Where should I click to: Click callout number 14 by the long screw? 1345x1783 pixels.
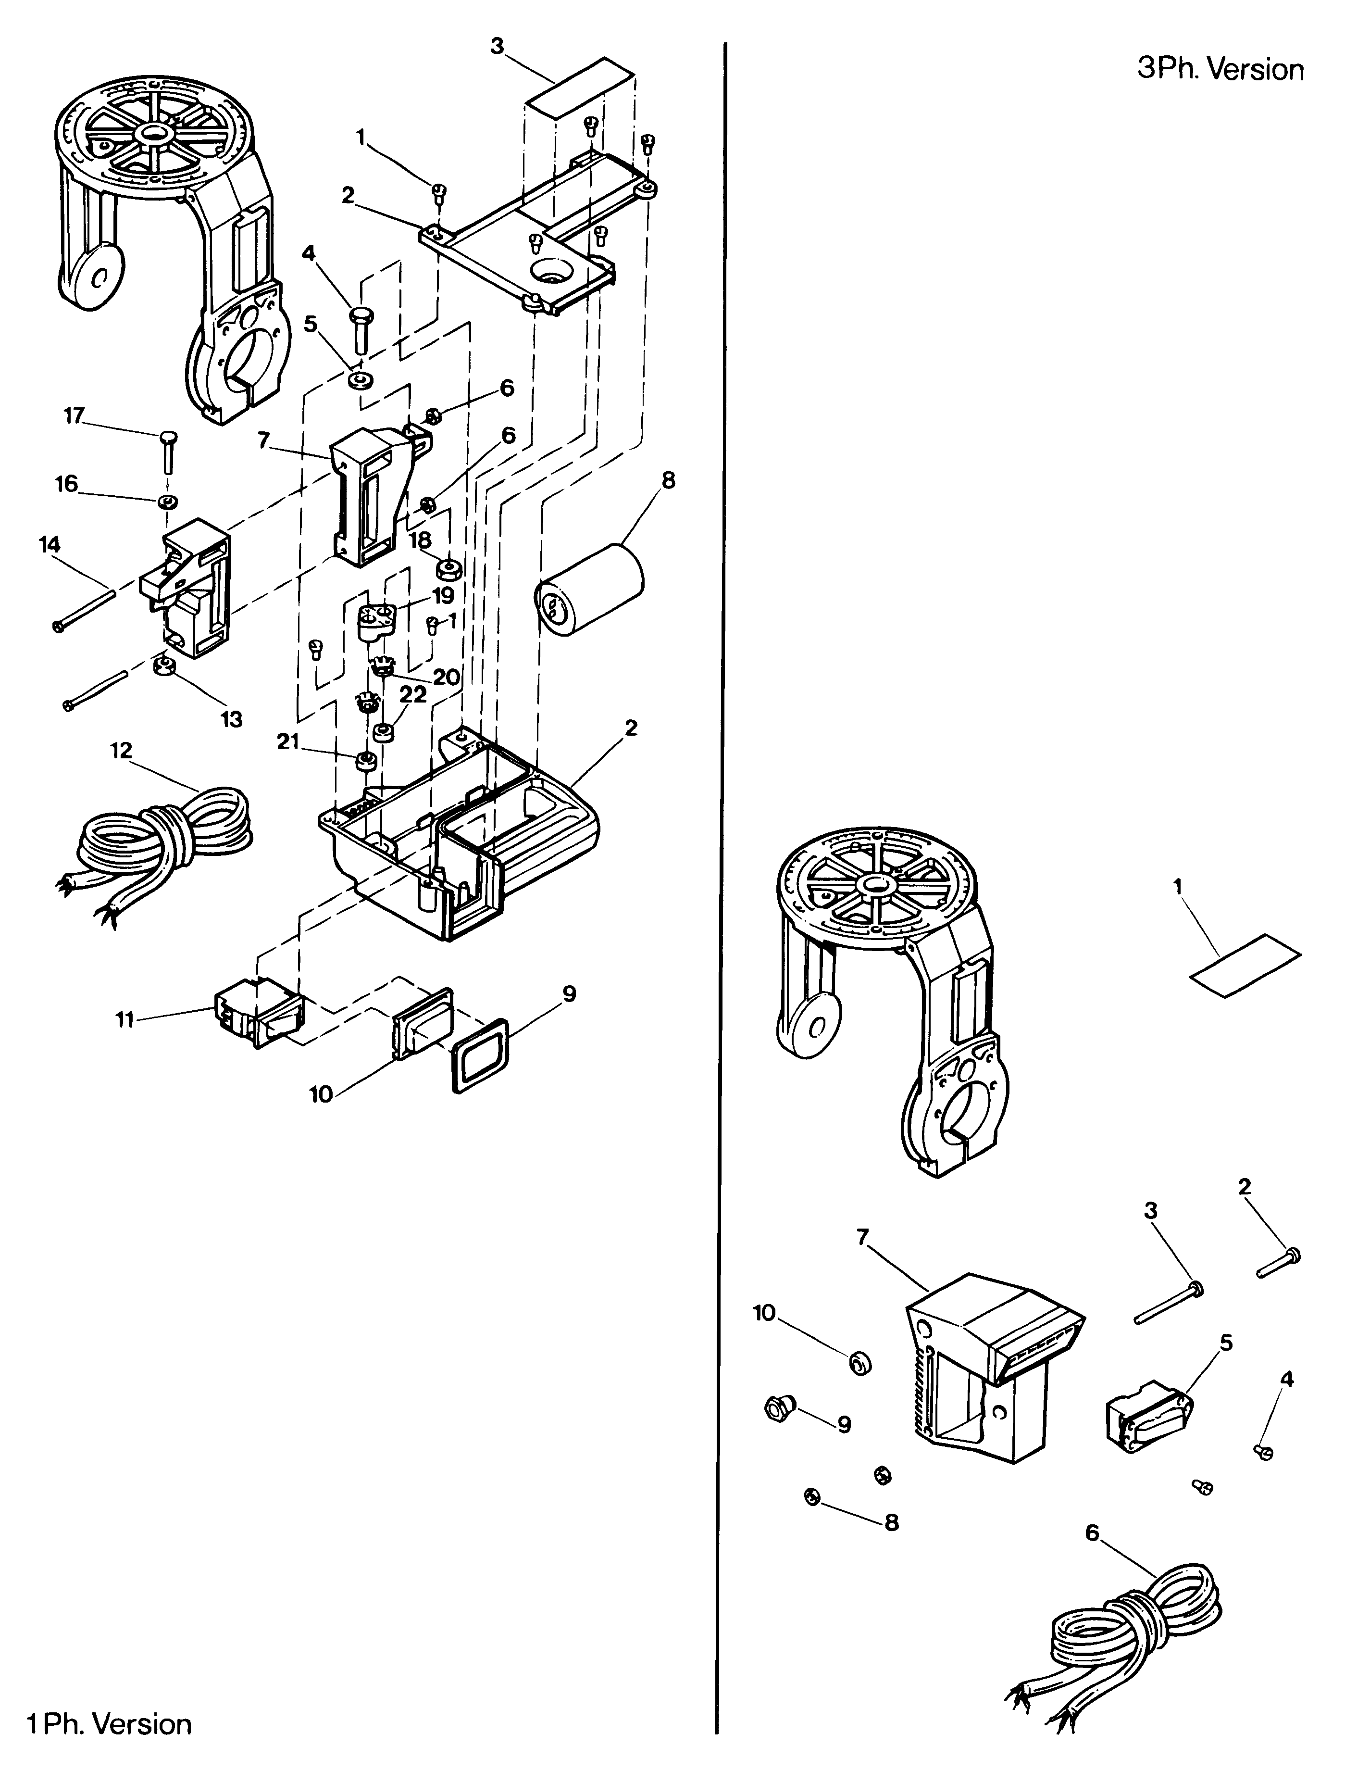(49, 545)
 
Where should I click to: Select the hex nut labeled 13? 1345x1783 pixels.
(165, 666)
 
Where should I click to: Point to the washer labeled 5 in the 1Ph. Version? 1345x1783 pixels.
(360, 378)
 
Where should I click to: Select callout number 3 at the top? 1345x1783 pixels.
(497, 47)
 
